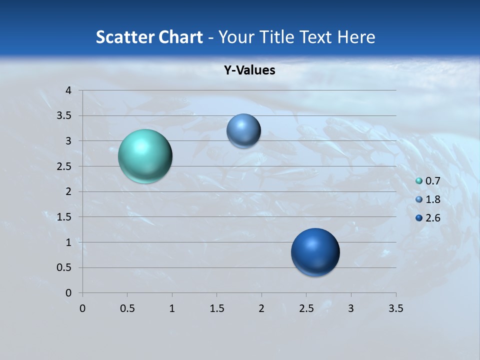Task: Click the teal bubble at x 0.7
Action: coord(145,156)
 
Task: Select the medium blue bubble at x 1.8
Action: coord(243,130)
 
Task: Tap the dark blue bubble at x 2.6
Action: coord(315,252)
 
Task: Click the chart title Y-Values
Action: coord(249,70)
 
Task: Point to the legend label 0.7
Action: coord(432,181)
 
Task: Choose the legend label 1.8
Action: coord(432,199)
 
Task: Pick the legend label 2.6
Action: coord(432,218)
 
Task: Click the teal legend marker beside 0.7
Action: coord(419,181)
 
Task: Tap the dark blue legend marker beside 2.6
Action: coord(419,218)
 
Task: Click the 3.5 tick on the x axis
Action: coord(396,309)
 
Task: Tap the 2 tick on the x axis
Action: coord(261,309)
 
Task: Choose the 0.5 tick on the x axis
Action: coord(127,309)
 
